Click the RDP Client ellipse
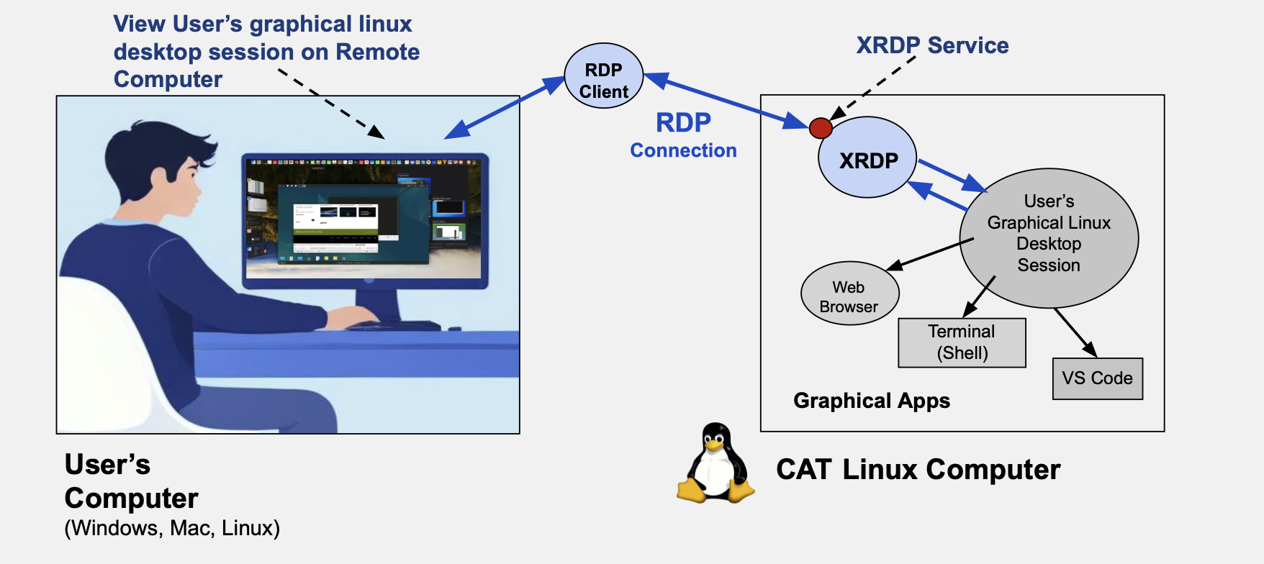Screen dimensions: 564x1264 603,76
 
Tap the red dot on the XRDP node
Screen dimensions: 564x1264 821,128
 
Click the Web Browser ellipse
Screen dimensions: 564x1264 849,294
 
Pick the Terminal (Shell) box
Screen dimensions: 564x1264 962,342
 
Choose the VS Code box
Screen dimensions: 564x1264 1097,378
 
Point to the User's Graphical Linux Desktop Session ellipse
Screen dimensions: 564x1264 1049,237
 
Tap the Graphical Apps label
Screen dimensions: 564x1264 871,401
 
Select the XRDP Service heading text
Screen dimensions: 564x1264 932,45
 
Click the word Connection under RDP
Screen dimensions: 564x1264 683,150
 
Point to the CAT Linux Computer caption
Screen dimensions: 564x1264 918,470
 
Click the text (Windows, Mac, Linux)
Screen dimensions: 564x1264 172,528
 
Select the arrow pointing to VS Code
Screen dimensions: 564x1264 1075,332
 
